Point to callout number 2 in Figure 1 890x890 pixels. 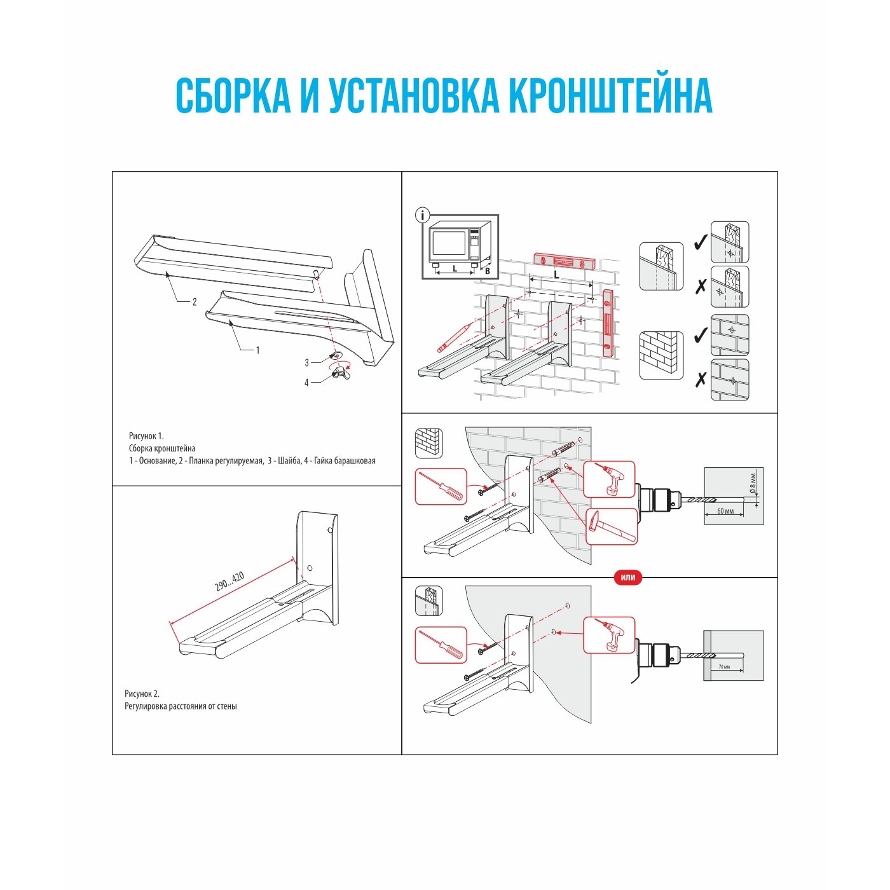point(195,302)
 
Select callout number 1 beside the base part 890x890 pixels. point(257,350)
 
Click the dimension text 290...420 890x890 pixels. point(229,582)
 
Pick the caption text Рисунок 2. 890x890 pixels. point(142,694)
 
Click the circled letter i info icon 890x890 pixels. point(422,216)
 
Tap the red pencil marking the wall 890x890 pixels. point(454,337)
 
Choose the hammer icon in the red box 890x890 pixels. point(611,526)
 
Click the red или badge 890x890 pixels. point(627,577)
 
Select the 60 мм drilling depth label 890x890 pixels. point(725,511)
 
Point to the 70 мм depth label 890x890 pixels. point(724,667)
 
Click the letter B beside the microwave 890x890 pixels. point(488,271)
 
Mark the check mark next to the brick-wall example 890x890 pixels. point(700,334)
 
